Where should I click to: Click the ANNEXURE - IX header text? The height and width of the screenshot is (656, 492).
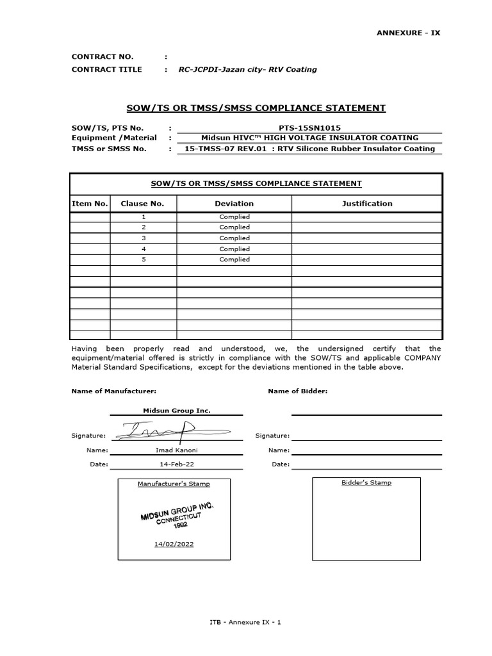point(409,33)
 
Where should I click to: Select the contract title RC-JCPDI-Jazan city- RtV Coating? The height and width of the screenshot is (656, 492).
point(247,69)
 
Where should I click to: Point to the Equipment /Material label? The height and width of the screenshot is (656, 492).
point(114,138)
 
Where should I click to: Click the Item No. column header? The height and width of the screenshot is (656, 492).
point(90,204)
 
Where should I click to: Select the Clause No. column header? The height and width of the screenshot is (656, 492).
point(143,204)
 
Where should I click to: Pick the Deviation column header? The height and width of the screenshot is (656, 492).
point(234,204)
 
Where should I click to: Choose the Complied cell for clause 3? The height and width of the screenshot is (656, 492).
point(234,238)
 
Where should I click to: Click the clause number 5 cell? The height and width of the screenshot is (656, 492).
point(143,259)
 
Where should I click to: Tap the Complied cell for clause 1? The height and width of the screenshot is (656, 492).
point(234,217)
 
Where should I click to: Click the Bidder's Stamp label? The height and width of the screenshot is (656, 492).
point(366,482)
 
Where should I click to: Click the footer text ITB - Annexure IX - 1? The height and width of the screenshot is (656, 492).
point(245,622)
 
